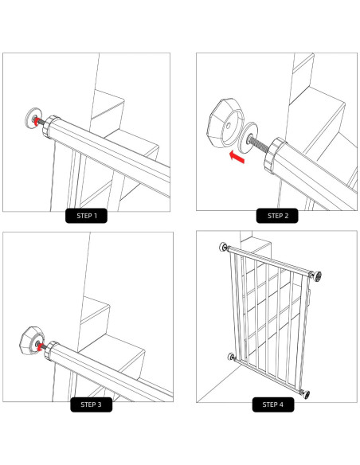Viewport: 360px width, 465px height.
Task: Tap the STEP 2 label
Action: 276,214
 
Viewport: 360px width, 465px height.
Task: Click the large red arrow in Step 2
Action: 234,157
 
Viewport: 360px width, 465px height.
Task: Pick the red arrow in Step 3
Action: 38,347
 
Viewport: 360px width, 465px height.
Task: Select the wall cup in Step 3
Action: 27,343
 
